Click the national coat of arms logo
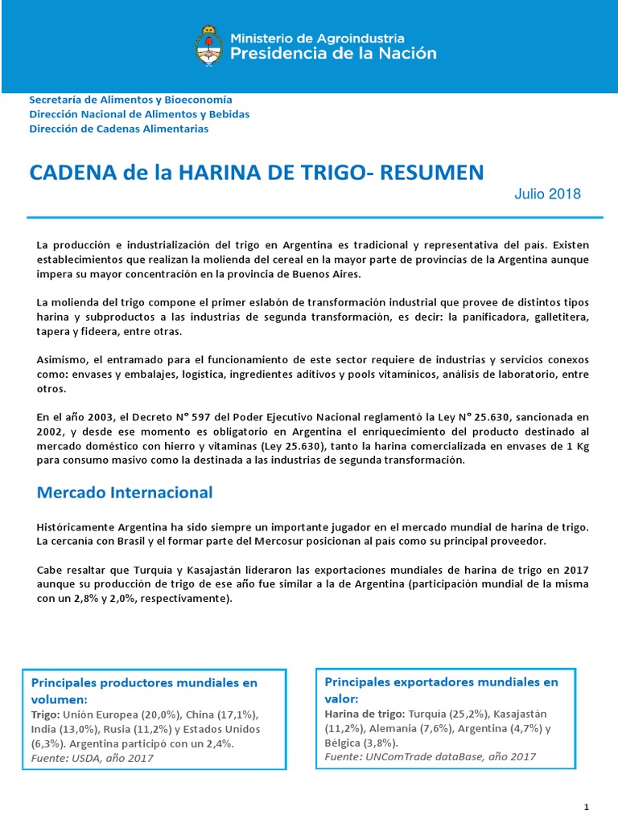tap(208, 45)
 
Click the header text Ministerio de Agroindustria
tap(317, 37)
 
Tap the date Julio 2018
tap(547, 194)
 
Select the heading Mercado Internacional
tap(125, 492)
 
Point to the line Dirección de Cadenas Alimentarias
tap(118, 129)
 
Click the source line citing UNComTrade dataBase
tap(430, 756)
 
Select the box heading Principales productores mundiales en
tap(144, 683)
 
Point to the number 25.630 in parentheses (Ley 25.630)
tap(298, 445)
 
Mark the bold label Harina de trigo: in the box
tap(365, 714)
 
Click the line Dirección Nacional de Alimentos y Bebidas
tap(139, 114)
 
